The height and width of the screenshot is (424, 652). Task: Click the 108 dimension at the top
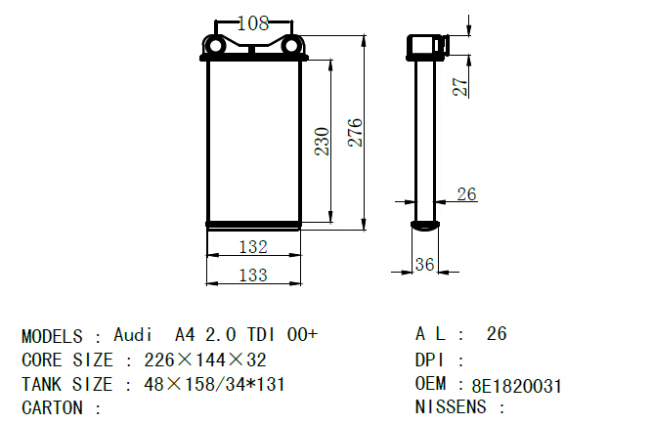[x=253, y=23]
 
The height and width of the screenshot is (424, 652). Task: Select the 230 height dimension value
[x=323, y=142]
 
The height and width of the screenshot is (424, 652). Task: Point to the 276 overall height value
[x=355, y=133]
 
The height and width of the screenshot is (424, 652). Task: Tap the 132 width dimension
[x=253, y=247]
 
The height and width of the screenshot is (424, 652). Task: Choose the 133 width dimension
[x=253, y=276]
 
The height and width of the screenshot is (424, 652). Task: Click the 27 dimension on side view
[x=460, y=87]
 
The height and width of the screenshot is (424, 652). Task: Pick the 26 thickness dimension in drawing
[x=466, y=193]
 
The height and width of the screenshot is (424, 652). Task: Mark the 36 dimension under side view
[x=424, y=265]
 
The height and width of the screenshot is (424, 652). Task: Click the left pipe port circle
[x=215, y=46]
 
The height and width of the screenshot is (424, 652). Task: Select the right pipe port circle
[x=291, y=46]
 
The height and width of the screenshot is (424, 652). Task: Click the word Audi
[x=133, y=335]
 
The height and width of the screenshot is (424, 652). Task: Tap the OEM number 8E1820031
[x=517, y=386]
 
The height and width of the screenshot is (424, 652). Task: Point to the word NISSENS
[x=451, y=406]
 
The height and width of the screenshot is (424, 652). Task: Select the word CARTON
[x=52, y=407]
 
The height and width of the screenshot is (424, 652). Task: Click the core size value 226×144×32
[x=205, y=360]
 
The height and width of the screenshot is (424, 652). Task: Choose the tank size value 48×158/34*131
[x=214, y=385]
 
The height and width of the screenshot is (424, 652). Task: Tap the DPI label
[x=430, y=360]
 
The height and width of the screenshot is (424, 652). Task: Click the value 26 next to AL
[x=497, y=334]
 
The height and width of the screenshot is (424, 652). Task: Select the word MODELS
[x=52, y=336]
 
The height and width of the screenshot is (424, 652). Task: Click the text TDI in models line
[x=261, y=335]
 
